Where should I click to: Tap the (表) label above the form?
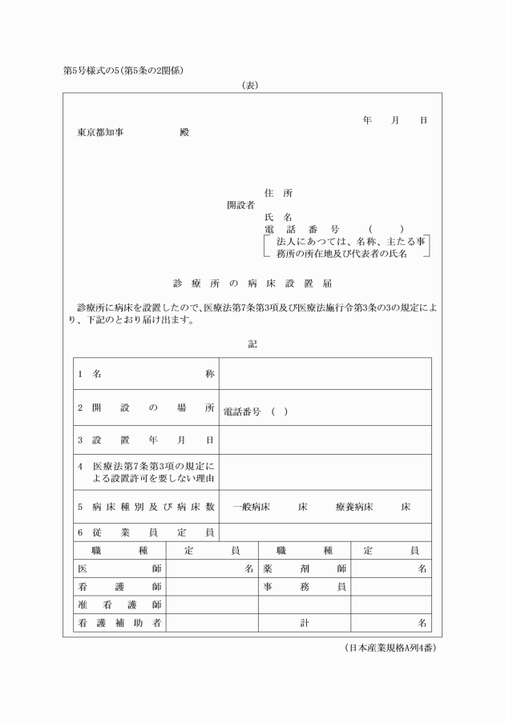click(x=249, y=86)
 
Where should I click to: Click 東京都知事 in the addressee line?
click(x=100, y=133)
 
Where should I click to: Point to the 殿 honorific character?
click(x=185, y=133)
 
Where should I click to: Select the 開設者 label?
click(x=240, y=205)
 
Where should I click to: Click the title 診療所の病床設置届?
click(x=252, y=283)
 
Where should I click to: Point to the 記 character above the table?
click(x=252, y=344)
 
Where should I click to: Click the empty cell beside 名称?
click(x=325, y=374)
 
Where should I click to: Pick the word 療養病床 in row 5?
click(x=353, y=508)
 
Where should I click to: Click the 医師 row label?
click(x=119, y=568)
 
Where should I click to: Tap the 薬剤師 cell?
click(x=304, y=568)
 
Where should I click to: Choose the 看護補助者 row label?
click(x=119, y=622)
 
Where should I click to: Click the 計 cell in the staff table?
click(x=305, y=622)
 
